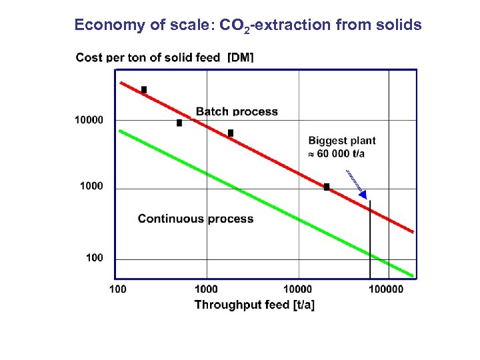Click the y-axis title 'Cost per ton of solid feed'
click(148, 58)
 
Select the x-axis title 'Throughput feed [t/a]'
click(254, 305)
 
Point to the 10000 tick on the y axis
click(89, 120)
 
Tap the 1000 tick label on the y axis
click(91, 186)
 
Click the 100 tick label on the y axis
click(95, 258)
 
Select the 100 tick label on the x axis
click(117, 289)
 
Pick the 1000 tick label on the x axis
click(206, 289)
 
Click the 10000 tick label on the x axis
click(297, 289)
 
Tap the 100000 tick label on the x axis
click(386, 289)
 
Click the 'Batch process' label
click(237, 111)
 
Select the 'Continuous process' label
click(195, 219)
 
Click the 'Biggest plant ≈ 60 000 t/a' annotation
click(341, 147)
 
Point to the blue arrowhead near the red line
click(363, 194)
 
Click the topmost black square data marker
click(143, 89)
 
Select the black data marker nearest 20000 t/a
click(327, 187)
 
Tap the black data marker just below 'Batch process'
click(231, 133)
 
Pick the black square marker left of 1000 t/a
click(179, 123)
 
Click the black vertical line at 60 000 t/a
click(370, 240)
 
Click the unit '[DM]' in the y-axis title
click(240, 58)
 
